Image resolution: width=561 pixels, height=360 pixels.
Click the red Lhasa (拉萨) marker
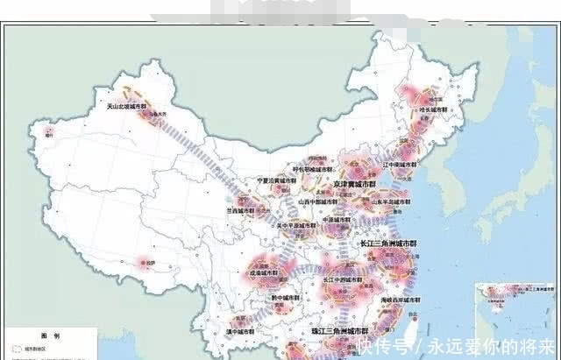[x=145, y=260]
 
